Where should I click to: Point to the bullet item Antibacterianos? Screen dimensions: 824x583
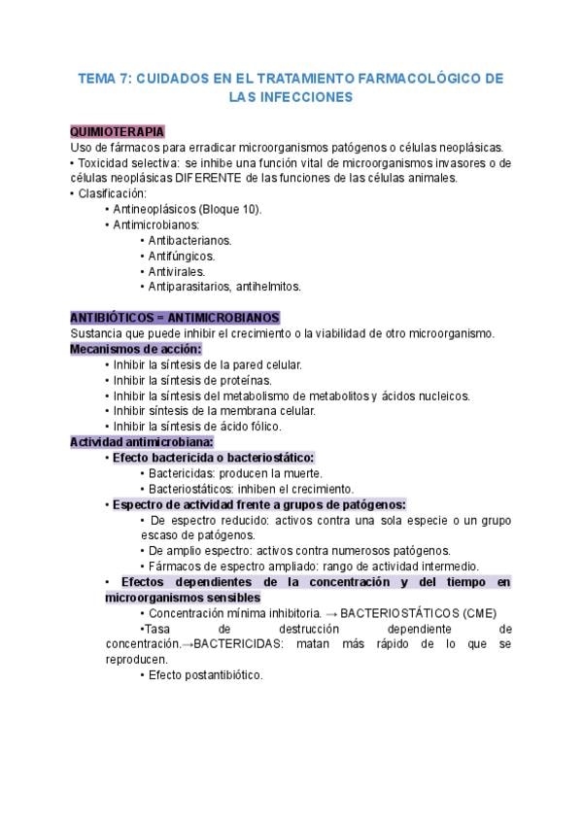tap(189, 240)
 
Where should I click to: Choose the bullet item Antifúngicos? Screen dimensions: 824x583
tap(182, 256)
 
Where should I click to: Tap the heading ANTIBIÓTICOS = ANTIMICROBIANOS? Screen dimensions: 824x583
tap(175, 318)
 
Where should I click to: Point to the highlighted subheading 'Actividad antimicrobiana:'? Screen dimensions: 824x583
tap(142, 442)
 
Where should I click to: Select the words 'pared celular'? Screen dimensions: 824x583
tap(267, 364)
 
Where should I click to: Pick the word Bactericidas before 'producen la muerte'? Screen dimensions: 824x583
tap(182, 473)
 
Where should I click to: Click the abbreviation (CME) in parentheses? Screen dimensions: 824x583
tap(478, 613)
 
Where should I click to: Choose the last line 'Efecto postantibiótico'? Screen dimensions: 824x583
tap(205, 675)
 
